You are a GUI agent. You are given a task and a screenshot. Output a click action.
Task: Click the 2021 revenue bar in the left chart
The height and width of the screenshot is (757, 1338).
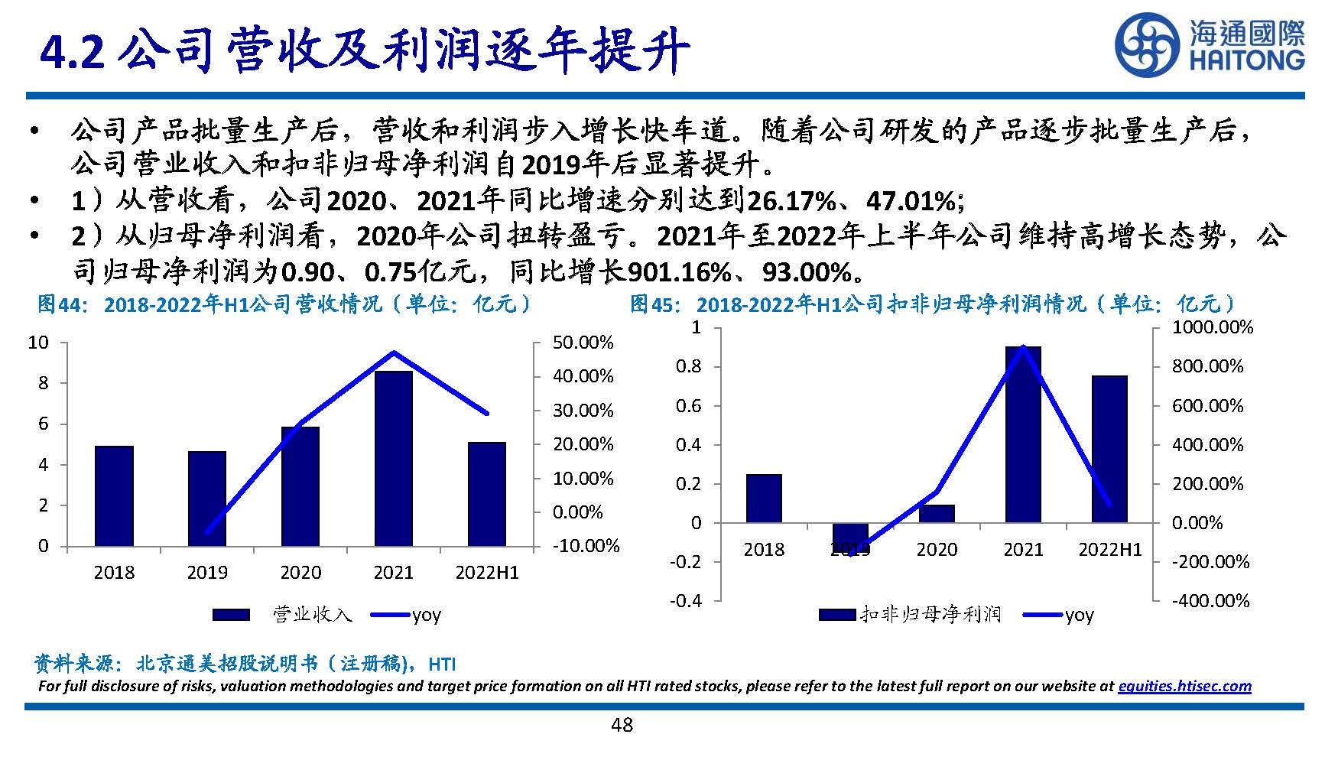[x=394, y=459]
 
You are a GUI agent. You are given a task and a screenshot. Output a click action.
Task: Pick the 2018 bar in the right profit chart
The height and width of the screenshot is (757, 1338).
[x=764, y=498]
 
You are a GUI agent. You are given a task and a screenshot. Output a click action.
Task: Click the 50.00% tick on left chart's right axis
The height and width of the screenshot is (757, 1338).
[x=583, y=343]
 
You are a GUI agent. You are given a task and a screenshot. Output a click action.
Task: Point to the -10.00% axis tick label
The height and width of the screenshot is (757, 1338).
[x=586, y=546]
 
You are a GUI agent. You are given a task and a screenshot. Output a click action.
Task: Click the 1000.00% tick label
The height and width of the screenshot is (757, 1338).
[x=1213, y=328]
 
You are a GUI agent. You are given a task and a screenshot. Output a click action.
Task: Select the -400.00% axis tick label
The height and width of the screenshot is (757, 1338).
[x=1210, y=601]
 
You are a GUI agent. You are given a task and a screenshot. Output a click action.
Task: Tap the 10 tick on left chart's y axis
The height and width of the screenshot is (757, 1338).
[x=38, y=343]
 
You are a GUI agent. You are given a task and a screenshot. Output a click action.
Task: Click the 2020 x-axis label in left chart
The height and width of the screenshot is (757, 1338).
[x=300, y=573]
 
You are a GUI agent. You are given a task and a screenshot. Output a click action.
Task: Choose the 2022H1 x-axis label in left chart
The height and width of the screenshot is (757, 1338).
[x=487, y=573]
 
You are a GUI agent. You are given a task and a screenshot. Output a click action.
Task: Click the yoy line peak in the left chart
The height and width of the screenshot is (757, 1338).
[x=394, y=353]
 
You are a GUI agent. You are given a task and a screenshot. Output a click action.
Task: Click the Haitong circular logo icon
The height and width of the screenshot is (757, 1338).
[x=1146, y=47]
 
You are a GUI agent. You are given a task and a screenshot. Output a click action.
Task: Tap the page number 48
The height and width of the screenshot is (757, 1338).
[x=622, y=725]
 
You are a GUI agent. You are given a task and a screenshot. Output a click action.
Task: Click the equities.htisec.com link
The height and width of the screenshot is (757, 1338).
[x=1184, y=686]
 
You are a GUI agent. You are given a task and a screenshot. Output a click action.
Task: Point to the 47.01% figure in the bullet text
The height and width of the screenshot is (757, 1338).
[x=910, y=201]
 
